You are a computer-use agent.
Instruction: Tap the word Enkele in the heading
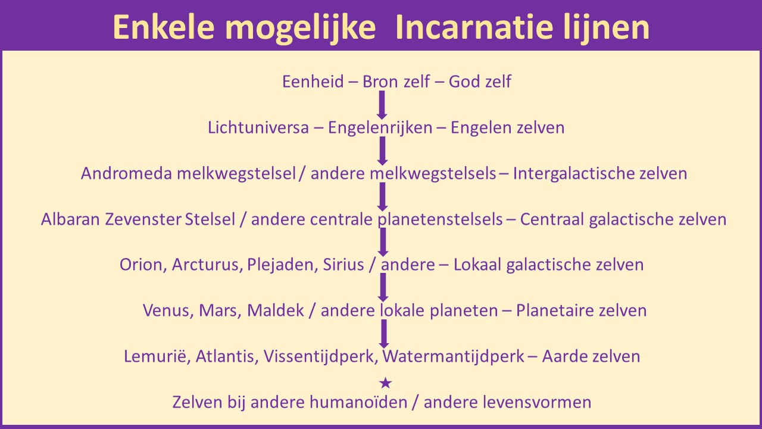click(x=164, y=27)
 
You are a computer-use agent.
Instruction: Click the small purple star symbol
click(x=385, y=383)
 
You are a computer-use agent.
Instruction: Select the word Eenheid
click(x=313, y=82)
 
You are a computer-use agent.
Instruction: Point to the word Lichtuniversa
click(x=258, y=128)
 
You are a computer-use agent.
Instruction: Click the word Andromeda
click(x=127, y=173)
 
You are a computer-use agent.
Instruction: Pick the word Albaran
click(x=70, y=219)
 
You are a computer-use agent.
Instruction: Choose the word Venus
click(x=168, y=310)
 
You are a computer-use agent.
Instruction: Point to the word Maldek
click(x=275, y=310)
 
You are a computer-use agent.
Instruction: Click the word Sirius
click(x=343, y=265)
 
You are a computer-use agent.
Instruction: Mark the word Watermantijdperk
click(x=453, y=356)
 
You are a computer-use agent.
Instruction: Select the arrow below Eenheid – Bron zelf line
click(x=382, y=105)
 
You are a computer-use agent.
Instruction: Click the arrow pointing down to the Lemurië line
click(x=384, y=334)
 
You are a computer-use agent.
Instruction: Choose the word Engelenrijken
click(x=380, y=128)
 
